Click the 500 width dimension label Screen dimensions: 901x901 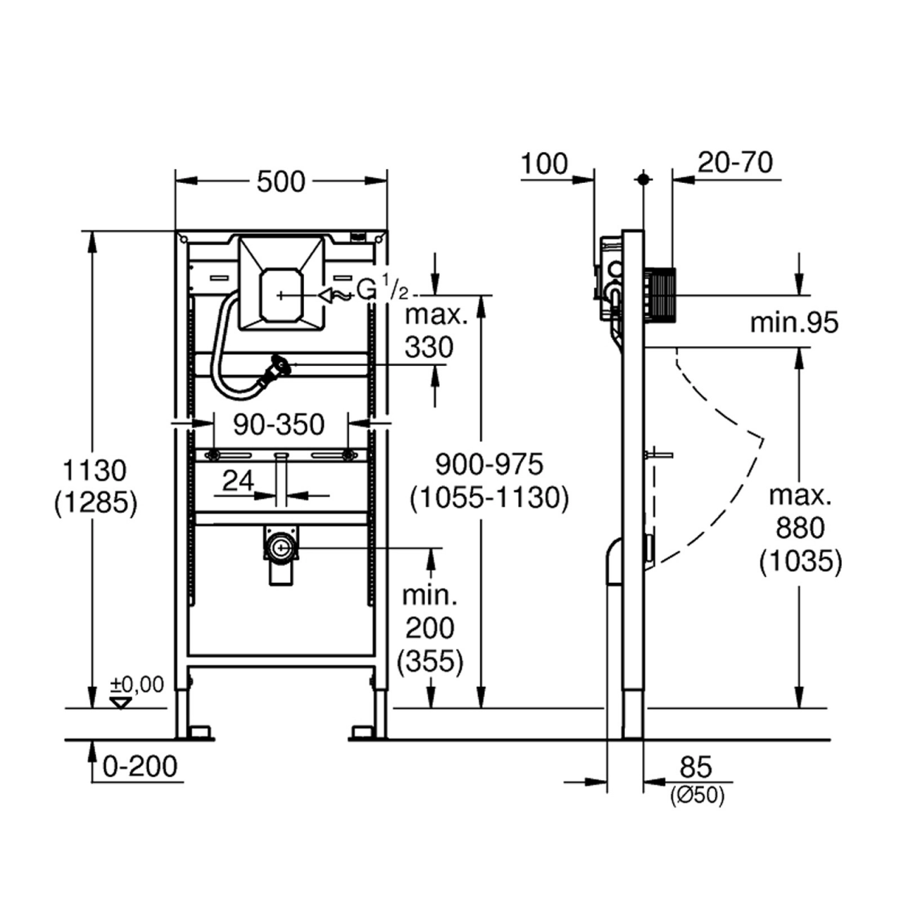click(x=281, y=182)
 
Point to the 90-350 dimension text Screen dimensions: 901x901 click(x=279, y=425)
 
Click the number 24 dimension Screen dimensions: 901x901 click(x=238, y=480)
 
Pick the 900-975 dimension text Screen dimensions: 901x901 click(x=489, y=465)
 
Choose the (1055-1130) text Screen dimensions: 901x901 click(x=489, y=498)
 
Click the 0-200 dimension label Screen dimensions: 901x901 click(x=140, y=767)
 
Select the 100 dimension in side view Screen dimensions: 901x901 click(x=544, y=163)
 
